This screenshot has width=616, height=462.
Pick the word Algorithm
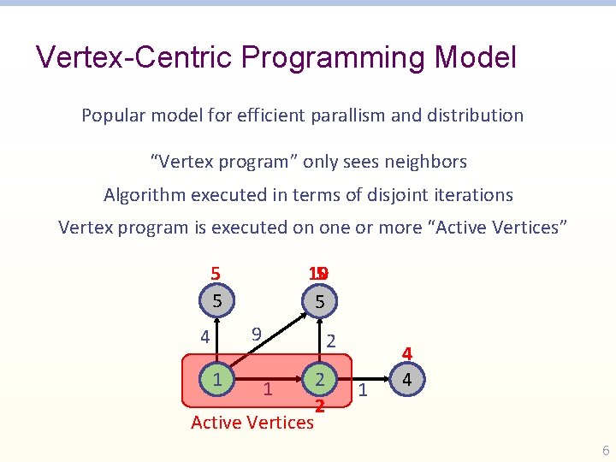click(x=144, y=195)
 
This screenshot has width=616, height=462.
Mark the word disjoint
click(x=372, y=195)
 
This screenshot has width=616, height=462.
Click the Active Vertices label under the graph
click(x=252, y=422)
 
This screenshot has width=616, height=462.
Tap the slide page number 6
click(x=606, y=451)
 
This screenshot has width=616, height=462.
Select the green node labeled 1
click(x=217, y=378)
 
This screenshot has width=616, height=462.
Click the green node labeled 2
click(x=318, y=378)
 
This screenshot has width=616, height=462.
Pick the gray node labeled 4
click(x=407, y=378)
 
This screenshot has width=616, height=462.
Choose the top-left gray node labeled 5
click(x=217, y=301)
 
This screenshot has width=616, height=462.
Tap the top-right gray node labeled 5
click(x=319, y=301)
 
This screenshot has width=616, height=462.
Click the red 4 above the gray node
click(x=407, y=353)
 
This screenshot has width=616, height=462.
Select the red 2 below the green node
click(x=318, y=406)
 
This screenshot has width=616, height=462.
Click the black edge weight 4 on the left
click(x=204, y=338)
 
